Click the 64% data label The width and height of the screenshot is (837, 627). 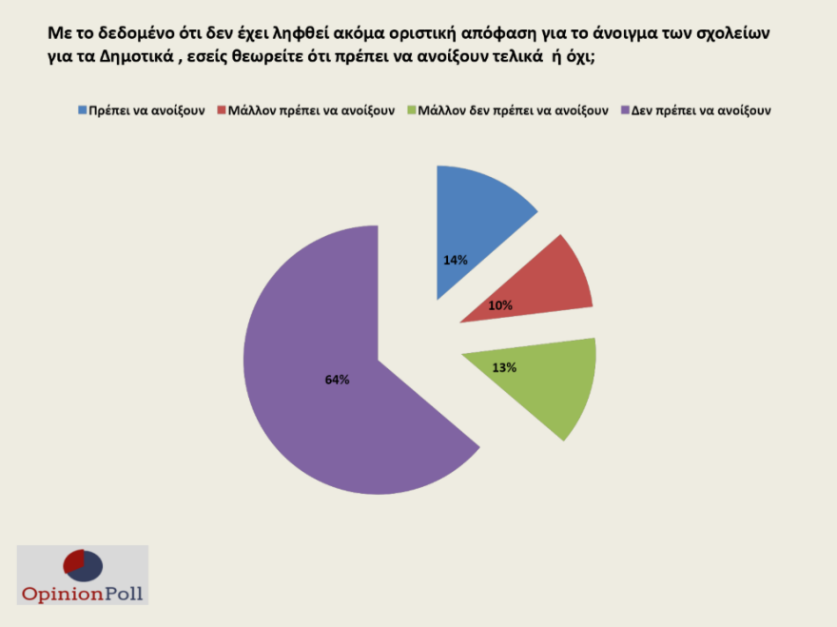tap(338, 380)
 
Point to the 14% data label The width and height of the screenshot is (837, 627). tap(455, 260)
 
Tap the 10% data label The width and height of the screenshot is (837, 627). tap(500, 305)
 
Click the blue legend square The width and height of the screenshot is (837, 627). tap(82, 110)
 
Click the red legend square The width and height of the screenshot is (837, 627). tap(222, 110)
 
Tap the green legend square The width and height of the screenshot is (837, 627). tap(410, 110)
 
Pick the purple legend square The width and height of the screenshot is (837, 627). tap(624, 110)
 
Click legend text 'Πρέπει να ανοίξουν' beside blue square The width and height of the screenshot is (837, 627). tap(146, 110)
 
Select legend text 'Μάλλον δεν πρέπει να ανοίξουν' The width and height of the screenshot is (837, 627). tap(513, 110)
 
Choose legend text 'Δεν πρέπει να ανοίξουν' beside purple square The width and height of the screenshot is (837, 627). tap(700, 110)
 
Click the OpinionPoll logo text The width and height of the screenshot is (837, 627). tap(82, 594)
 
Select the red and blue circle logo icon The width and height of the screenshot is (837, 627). tap(82, 565)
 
